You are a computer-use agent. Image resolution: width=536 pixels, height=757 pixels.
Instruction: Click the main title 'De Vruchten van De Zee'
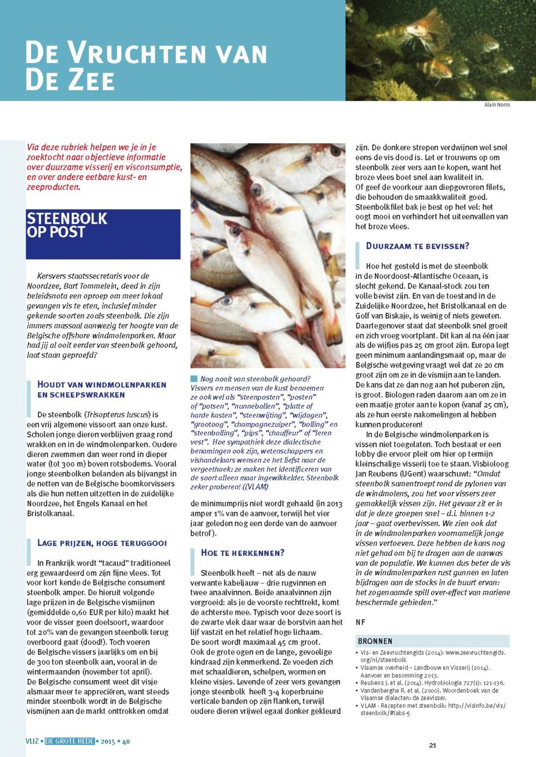coord(146,65)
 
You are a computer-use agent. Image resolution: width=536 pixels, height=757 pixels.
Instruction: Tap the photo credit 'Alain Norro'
coord(497,105)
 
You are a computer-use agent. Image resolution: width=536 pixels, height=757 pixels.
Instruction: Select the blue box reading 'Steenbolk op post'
coord(103,234)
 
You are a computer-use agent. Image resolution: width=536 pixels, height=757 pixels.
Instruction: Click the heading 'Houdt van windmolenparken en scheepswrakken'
coord(102,389)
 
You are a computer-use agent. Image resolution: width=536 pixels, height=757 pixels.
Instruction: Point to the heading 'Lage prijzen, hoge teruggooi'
coord(102,543)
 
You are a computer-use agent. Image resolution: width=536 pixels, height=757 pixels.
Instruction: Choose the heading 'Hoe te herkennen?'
coord(243,553)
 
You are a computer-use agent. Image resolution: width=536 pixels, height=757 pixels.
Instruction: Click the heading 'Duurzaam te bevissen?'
coord(418,246)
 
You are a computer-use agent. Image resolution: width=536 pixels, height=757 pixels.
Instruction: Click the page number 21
coord(433,745)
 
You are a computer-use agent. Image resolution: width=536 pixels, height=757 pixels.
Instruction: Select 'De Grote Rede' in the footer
coord(70,741)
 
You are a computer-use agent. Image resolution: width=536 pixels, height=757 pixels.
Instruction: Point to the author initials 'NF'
coord(361,622)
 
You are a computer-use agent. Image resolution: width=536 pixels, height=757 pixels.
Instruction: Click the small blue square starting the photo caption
coord(194,379)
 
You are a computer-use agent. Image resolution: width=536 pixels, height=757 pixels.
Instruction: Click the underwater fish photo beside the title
coord(440,50)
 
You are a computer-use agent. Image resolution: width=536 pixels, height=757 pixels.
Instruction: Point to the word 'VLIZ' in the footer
coord(32,741)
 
